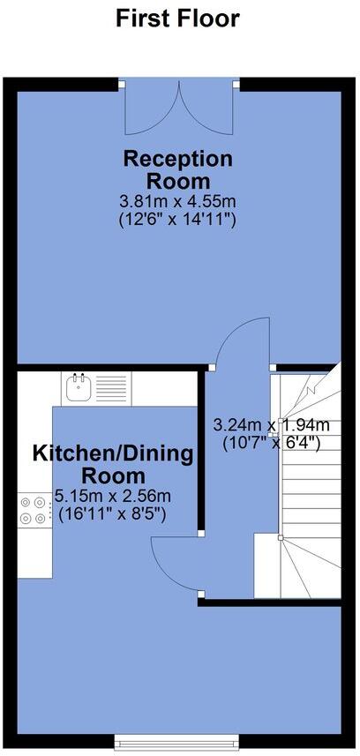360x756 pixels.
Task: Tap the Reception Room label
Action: coord(178,170)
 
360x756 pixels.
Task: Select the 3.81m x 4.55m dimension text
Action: coord(177,201)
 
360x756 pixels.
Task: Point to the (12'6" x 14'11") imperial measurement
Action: coord(177,220)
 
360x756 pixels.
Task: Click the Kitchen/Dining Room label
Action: coord(113,464)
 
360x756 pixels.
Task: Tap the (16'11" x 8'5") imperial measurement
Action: coord(111,513)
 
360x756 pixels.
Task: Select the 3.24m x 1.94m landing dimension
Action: coord(272,424)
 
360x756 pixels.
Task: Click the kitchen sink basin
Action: coord(79,386)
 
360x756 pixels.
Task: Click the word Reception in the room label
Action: coord(178,160)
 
